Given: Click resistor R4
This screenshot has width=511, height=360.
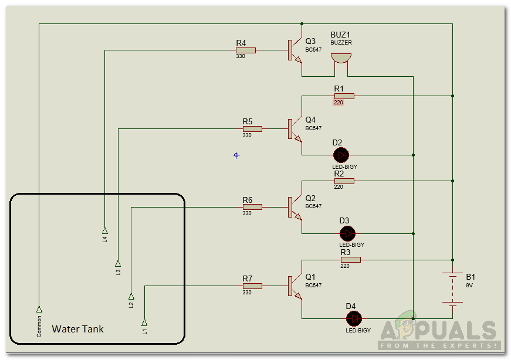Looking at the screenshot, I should (245, 50).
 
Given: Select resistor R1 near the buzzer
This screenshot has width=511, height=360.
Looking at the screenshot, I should (344, 96).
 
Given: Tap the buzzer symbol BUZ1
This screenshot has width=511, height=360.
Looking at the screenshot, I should (340, 58).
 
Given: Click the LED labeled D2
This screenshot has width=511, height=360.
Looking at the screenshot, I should (341, 155).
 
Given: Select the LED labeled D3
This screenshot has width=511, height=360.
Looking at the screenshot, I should (348, 233).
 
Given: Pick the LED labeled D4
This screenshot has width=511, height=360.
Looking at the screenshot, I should (354, 318).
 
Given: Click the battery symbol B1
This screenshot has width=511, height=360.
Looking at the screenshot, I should (452, 289).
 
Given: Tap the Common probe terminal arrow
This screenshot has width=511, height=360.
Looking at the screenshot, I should (39, 308).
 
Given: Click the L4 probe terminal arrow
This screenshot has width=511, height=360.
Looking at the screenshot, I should (105, 229).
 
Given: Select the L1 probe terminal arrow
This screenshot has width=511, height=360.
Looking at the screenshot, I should (144, 322).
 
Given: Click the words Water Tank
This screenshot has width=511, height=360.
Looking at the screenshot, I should (77, 329).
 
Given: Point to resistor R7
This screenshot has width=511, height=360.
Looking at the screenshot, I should (252, 286).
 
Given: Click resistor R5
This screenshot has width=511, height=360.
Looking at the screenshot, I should (252, 129).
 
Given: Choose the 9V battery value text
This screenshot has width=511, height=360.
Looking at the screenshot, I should (469, 285).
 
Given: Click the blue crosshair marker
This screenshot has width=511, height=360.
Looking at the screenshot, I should (236, 155).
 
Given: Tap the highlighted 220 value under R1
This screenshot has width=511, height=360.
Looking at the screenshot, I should (338, 103).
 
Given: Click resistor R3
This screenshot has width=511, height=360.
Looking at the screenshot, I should (350, 259).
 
